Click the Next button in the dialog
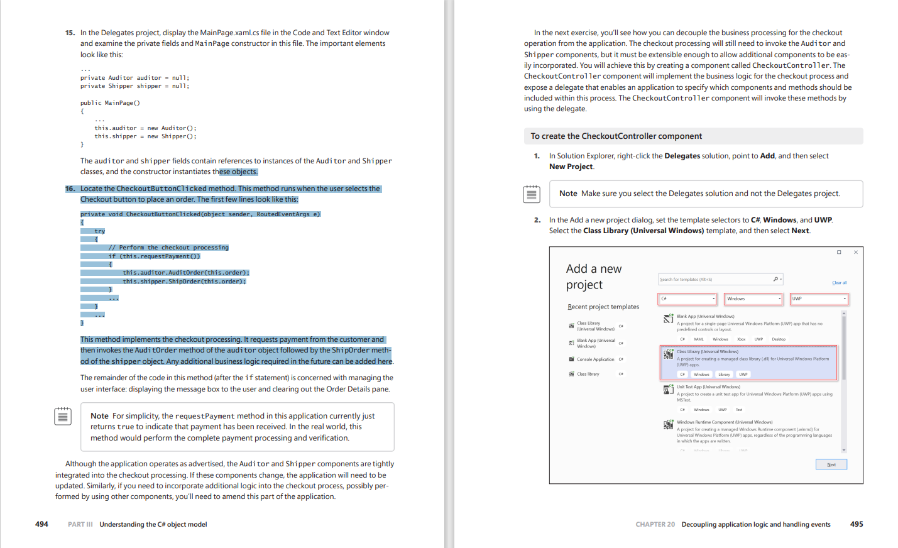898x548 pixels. pos(831,464)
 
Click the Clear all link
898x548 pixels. pos(839,283)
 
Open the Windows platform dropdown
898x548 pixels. pos(753,299)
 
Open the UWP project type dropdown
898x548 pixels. pos(818,299)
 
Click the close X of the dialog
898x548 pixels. pos(855,253)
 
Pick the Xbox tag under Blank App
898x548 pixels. pos(741,339)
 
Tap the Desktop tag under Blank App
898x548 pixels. pos(779,339)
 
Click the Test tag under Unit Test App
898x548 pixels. pos(739,410)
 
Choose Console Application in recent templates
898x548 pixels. pos(595,359)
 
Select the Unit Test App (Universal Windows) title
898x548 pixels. pos(708,387)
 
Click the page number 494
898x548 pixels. pos(41,524)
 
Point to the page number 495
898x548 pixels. pos(856,524)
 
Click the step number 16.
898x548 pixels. pos(70,189)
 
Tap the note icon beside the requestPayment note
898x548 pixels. pos(63,416)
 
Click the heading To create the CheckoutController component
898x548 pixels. pos(616,136)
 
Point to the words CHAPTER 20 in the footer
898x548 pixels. pos(655,524)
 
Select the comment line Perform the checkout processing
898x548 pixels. pos(168,248)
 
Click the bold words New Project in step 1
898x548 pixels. pos(571,167)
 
